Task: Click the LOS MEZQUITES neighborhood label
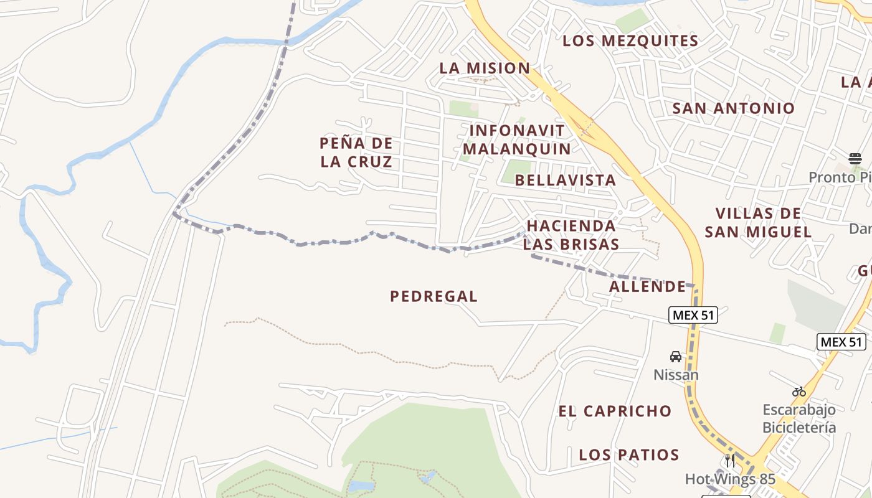coord(630,41)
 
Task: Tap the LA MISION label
coord(485,68)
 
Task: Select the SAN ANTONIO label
coord(733,108)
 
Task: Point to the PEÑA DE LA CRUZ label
coord(356,153)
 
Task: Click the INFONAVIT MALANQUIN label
coord(517,140)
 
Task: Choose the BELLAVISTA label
coord(566,181)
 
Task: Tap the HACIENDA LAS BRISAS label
coord(571,235)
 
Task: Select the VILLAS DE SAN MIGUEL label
coord(758,223)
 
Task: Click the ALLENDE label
coord(647,286)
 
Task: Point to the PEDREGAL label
coord(434,296)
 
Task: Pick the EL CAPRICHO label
coord(615,411)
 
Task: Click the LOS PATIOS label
coord(629,454)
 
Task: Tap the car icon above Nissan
coord(676,357)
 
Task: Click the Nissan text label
coord(676,375)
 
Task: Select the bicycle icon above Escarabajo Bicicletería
coord(799,392)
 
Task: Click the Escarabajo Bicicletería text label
coord(799,418)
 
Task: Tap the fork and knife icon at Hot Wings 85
coord(730,461)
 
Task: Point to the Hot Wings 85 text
coord(730,479)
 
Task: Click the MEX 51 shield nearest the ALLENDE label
coord(693,315)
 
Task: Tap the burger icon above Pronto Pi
coord(855,158)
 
